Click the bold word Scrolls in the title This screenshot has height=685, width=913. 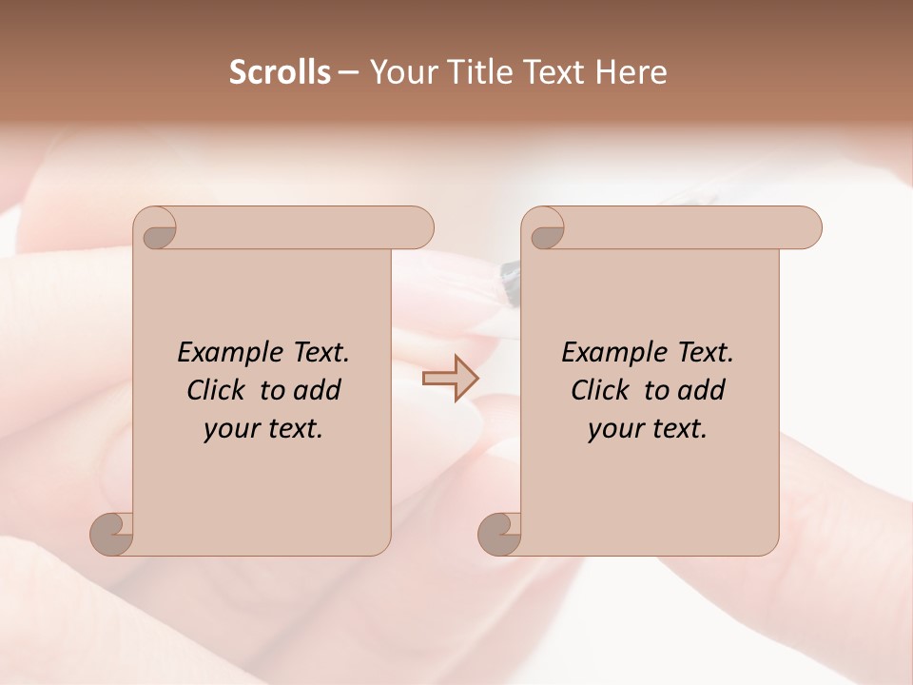coord(280,72)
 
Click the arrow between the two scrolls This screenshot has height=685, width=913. coord(450,379)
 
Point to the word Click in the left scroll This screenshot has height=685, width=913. coord(217,390)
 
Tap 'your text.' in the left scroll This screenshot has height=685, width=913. coord(263,429)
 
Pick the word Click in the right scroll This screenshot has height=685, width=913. coord(601,390)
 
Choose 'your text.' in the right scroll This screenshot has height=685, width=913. coord(648,429)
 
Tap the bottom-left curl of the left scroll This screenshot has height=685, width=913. coord(111,533)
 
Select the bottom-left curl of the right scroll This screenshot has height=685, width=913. coord(499,533)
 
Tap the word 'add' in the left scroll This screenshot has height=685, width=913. coord(318,390)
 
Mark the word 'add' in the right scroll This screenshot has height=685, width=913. coord(702,390)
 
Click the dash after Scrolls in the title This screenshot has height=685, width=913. coord(348,73)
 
